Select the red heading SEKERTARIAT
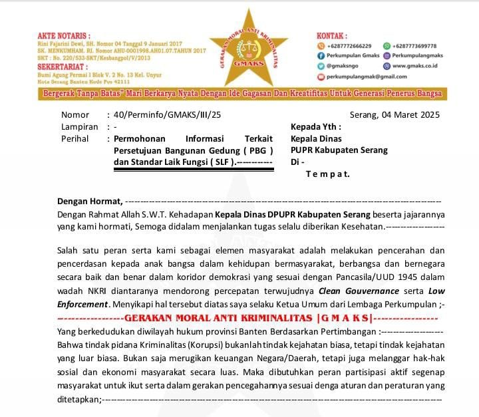[43, 67]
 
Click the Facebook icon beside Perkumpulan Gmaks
[321, 56]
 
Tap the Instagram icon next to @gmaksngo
[321, 67]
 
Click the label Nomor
[75, 114]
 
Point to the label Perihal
[76, 138]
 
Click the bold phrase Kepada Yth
[315, 126]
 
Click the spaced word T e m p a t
[327, 174]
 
